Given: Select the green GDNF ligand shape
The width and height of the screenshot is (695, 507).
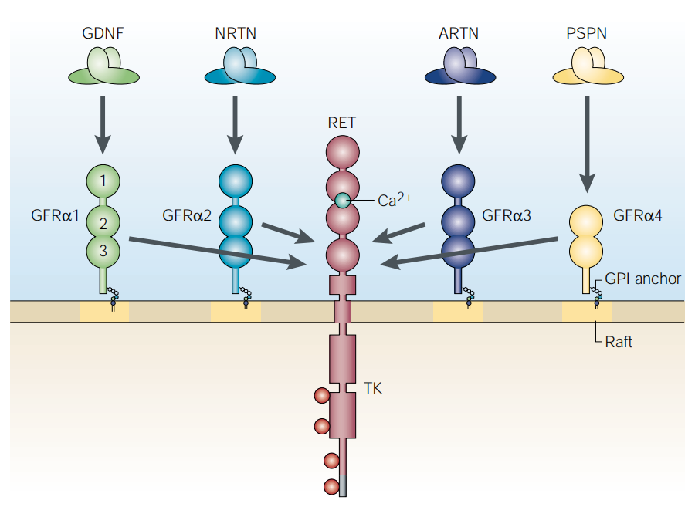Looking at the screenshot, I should click(103, 66).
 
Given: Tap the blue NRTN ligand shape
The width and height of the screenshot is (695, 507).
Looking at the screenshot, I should click(240, 66).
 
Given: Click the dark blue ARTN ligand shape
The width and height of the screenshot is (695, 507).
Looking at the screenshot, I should click(459, 66).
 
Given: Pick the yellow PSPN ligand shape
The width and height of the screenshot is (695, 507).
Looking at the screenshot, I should click(587, 66).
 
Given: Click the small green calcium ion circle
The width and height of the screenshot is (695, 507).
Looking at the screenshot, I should click(342, 201).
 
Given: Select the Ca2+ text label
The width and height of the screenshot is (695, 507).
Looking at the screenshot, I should click(394, 201).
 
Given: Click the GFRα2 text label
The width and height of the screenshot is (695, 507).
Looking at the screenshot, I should click(187, 215).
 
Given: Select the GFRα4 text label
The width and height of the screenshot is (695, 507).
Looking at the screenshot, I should click(637, 215).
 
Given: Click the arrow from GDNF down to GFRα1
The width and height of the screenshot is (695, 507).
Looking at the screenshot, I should click(103, 123).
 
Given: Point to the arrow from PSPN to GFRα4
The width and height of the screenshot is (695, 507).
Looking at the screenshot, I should click(587, 143).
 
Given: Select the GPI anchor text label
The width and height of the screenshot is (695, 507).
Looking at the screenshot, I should click(642, 279).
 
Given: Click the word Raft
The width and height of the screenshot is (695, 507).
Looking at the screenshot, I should click(619, 341).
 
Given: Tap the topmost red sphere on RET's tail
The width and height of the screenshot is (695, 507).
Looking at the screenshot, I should click(322, 397).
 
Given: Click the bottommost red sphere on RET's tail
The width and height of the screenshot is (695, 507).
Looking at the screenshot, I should click(332, 487).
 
